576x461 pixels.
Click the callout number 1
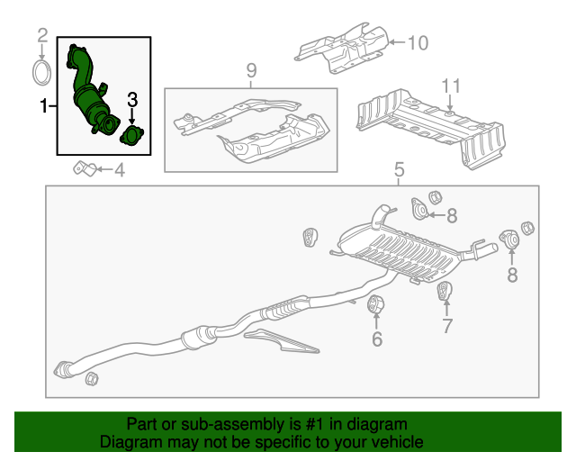(43, 106)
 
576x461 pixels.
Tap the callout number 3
(131, 99)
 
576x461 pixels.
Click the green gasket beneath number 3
(132, 136)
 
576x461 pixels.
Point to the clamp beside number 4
(85, 168)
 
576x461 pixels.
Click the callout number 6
(377, 339)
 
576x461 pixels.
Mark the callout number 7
(447, 326)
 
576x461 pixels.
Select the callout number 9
(251, 70)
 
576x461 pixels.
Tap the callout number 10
(419, 41)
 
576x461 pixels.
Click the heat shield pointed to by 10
(342, 50)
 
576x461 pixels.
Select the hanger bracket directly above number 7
(445, 291)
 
